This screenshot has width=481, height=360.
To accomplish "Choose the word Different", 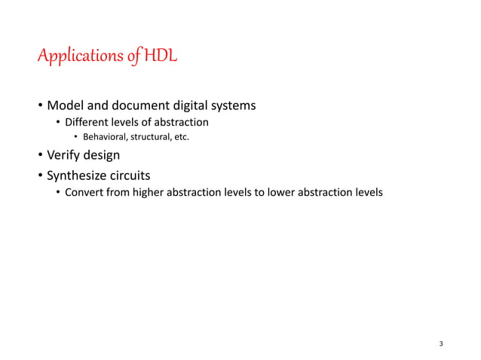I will [87, 122].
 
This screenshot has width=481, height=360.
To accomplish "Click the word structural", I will [152, 136].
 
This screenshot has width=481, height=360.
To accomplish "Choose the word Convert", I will [85, 192].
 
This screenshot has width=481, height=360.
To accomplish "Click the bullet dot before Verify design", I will [40, 156].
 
